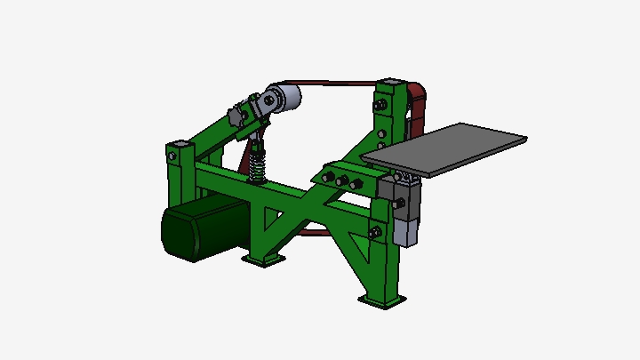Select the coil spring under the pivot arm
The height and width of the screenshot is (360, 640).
point(258,163)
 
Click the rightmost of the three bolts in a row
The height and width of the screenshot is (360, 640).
point(356,184)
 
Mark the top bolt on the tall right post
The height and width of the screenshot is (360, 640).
point(381,106)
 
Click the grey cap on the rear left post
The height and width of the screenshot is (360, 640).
point(180,144)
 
